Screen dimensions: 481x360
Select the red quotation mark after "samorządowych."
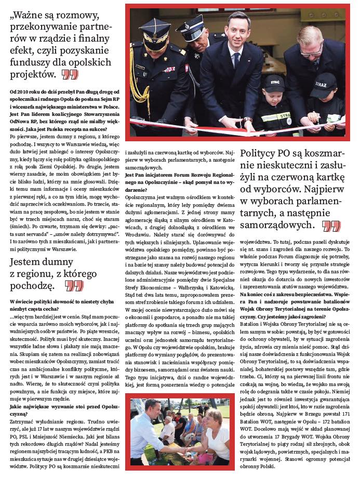tap(331, 226)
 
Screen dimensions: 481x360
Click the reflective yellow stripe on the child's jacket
tap(274, 117)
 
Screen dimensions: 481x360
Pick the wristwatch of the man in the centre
tap(248, 120)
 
